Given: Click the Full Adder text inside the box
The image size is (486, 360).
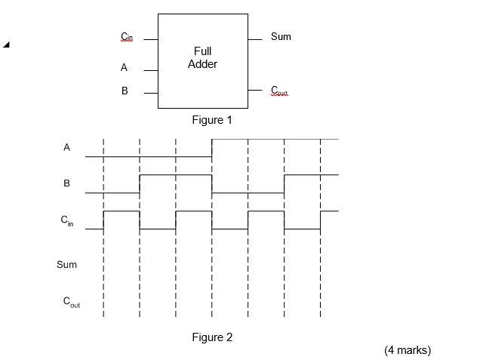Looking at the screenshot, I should pyautogui.click(x=202, y=58).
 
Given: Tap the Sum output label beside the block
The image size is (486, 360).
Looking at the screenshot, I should pyautogui.click(x=281, y=37).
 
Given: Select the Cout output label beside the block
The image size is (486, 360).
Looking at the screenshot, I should pyautogui.click(x=279, y=91).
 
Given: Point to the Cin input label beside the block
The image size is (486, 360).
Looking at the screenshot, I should pyautogui.click(x=126, y=38).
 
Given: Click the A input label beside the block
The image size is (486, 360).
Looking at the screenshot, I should pyautogui.click(x=124, y=68).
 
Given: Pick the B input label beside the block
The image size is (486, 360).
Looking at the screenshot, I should pyautogui.click(x=125, y=91).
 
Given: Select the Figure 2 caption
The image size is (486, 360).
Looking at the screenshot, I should pyautogui.click(x=212, y=337).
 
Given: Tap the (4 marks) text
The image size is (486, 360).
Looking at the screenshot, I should pyautogui.click(x=407, y=350).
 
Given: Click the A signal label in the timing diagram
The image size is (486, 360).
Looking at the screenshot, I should pyautogui.click(x=66, y=148).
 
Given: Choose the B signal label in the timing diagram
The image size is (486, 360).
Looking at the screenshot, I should pyautogui.click(x=66, y=183).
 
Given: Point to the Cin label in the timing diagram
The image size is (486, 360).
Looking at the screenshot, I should pyautogui.click(x=67, y=221).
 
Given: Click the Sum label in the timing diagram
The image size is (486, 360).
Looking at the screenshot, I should pyautogui.click(x=66, y=265).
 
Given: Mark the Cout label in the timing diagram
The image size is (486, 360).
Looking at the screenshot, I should pyautogui.click(x=71, y=302).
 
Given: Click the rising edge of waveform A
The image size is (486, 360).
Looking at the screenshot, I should pyautogui.click(x=212, y=148).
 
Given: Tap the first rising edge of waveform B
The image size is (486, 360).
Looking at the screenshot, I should pyautogui.click(x=140, y=183).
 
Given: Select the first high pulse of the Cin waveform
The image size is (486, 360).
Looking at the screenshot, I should pyautogui.click(x=121, y=212).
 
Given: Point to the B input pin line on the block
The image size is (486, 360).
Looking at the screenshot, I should pyautogui.click(x=150, y=93).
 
